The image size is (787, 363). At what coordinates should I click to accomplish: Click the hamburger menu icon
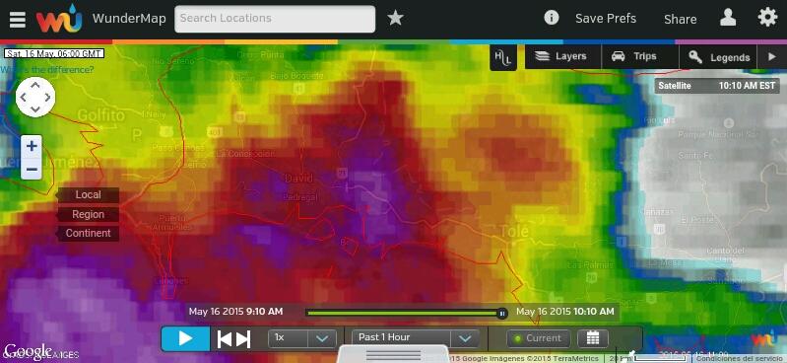[x=18, y=19]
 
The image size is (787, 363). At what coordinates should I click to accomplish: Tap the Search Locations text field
[x=275, y=19]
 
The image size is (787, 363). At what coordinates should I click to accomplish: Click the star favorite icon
[x=395, y=18]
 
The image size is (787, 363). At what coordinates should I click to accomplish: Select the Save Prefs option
[x=605, y=19]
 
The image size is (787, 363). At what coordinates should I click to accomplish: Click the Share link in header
[x=680, y=19]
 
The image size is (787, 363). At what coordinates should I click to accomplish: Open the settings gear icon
[x=767, y=18]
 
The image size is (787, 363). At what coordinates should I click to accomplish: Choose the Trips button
[x=634, y=57]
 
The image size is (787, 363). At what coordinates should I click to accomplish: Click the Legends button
[x=720, y=57]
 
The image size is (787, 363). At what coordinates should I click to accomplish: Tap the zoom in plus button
[x=32, y=146]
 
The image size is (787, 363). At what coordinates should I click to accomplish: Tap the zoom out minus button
[x=32, y=169]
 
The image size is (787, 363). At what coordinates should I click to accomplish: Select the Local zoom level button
[x=88, y=195]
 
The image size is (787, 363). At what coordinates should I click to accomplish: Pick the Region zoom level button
[x=88, y=214]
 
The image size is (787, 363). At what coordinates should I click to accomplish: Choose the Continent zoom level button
[x=88, y=234]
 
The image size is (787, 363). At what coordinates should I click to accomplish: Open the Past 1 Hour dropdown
[x=415, y=338]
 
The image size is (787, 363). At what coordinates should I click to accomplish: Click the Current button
[x=538, y=338]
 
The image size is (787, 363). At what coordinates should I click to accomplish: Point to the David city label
[x=296, y=179]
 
